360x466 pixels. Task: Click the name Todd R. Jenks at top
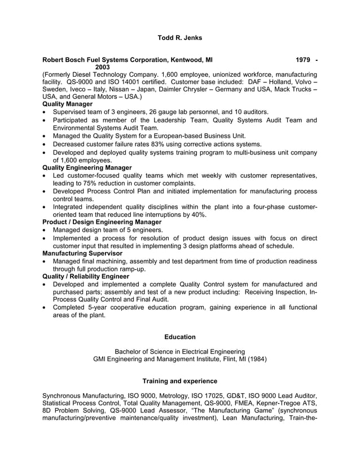coord(179,38)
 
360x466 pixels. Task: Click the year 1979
coord(302,59)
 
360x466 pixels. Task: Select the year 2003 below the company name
coord(103,67)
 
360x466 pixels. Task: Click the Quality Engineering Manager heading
coord(87,168)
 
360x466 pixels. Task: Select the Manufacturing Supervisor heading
coord(82,254)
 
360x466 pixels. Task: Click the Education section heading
coord(179,337)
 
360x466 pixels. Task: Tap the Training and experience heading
coord(179,381)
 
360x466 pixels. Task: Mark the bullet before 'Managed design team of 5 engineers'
coord(45,230)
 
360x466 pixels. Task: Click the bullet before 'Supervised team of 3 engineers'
coord(45,112)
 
